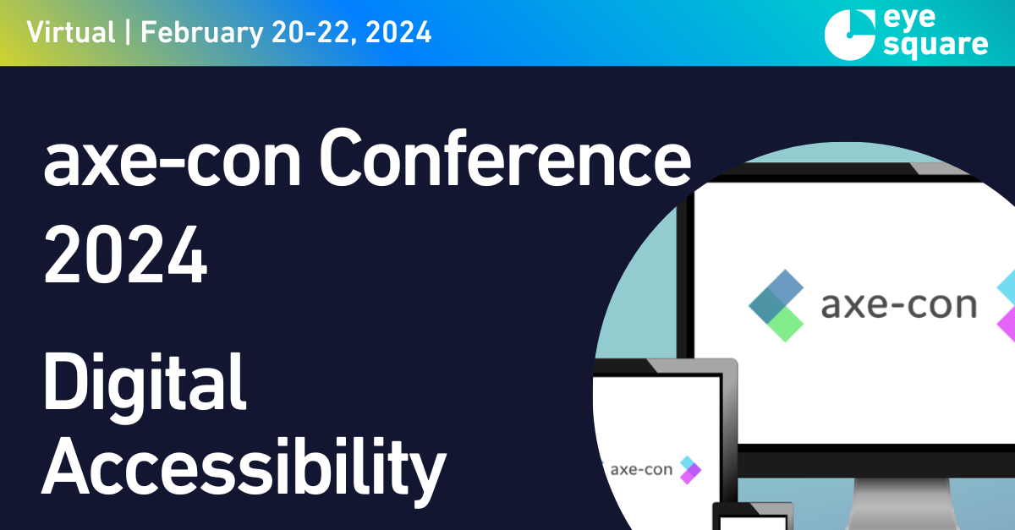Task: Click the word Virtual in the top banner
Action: point(71,32)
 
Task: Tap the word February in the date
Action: point(202,33)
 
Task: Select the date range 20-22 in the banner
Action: point(314,33)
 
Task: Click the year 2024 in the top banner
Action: point(398,33)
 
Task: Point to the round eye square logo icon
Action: point(850,36)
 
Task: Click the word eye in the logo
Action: point(909,19)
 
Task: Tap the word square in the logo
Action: point(935,46)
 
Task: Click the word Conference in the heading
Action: point(505,158)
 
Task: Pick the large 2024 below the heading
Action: point(125,254)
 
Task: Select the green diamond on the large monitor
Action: point(786,325)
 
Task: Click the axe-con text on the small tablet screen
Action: point(641,470)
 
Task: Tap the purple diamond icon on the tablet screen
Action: point(690,473)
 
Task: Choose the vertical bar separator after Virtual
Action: point(129,32)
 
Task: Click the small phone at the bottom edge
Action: point(753,516)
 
